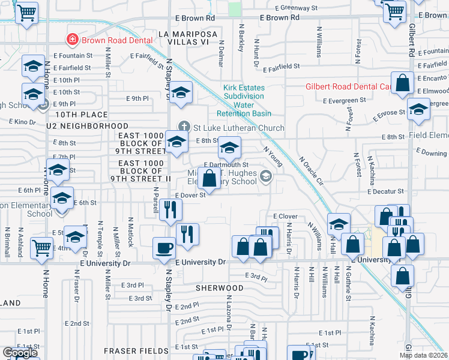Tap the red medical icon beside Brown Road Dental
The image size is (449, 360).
[x=72, y=40]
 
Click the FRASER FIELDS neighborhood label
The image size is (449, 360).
[x=136, y=350]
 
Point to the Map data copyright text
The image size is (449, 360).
[x=424, y=355]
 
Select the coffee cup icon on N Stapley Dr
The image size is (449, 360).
[x=164, y=248]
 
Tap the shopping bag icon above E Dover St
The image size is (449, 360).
[x=209, y=178]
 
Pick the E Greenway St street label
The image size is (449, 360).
[x=297, y=8]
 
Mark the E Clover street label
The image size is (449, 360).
[x=285, y=216]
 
